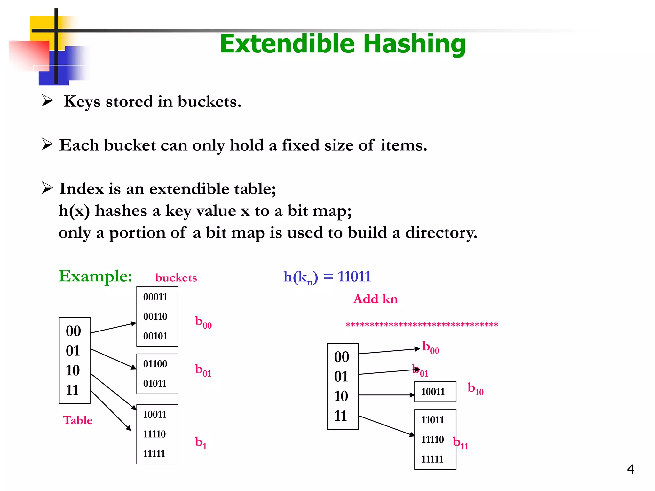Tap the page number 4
(630, 469)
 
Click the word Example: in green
(95, 276)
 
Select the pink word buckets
(176, 277)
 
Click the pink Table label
(78, 420)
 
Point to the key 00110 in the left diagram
(155, 316)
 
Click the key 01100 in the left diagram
(155, 364)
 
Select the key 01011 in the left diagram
(155, 383)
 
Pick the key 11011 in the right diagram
(432, 420)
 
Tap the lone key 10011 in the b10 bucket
(433, 392)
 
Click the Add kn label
(375, 299)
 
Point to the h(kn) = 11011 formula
(327, 277)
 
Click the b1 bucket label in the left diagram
(201, 443)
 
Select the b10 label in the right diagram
(475, 389)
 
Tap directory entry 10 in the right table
(341, 396)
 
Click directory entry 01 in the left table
(73, 351)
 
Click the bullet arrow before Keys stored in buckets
(47, 101)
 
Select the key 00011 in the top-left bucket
(155, 297)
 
